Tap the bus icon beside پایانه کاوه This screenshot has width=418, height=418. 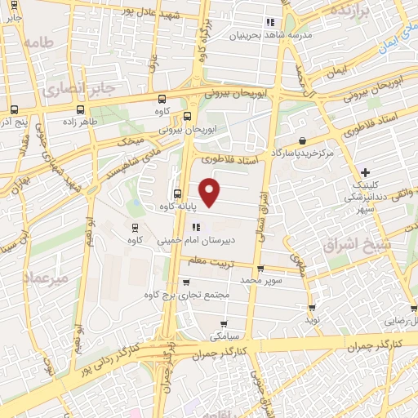tap(178, 193)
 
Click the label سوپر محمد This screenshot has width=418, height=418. tap(259, 279)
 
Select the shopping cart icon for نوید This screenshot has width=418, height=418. tap(312, 307)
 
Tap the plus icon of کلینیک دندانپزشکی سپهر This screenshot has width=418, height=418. tap(365, 172)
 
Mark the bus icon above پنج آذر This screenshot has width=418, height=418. tap(15, 109)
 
